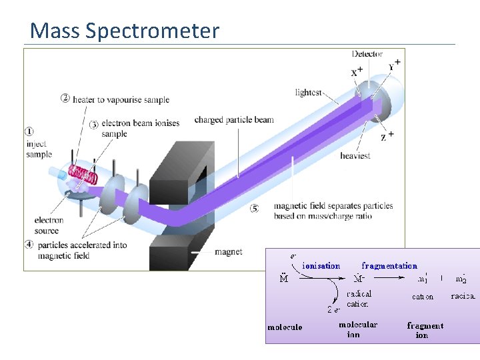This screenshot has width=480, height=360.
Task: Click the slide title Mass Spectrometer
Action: click(x=125, y=31)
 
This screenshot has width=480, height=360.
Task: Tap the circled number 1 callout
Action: click(x=29, y=131)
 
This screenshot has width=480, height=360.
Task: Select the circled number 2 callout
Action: click(x=65, y=99)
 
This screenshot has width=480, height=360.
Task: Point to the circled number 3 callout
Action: click(x=94, y=124)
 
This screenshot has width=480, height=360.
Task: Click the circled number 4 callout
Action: click(x=29, y=244)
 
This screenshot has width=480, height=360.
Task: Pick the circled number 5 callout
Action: click(x=254, y=208)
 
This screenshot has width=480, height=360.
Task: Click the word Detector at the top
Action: click(x=367, y=54)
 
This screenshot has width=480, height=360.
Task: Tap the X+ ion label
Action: click(x=357, y=71)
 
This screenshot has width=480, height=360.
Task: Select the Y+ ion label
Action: click(x=394, y=65)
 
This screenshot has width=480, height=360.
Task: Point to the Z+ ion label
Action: click(x=387, y=137)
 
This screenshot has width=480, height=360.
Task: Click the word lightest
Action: click(x=308, y=93)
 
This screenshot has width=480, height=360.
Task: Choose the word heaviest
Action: click(x=355, y=156)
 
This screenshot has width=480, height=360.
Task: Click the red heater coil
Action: click(x=84, y=175)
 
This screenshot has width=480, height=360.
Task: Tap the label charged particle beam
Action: click(x=234, y=120)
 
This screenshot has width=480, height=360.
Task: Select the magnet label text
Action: click(x=228, y=252)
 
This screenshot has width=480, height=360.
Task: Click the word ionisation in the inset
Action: click(x=321, y=266)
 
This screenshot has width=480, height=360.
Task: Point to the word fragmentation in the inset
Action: click(x=389, y=266)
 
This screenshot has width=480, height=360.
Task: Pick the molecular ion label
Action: click(x=357, y=329)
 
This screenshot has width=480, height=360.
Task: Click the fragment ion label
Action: click(x=425, y=330)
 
